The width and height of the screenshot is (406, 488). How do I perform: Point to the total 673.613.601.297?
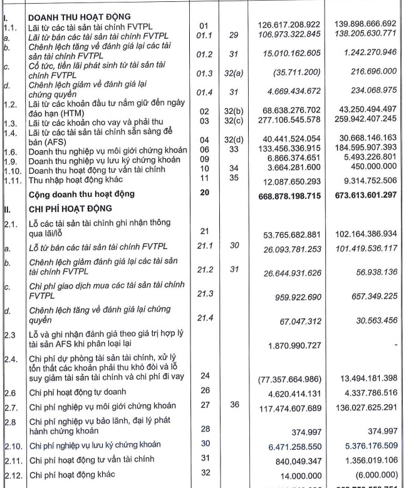tap(362, 195)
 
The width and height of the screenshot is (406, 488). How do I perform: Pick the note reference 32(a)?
tap(235, 74)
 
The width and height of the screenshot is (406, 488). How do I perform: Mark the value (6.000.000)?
tap(373, 474)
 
